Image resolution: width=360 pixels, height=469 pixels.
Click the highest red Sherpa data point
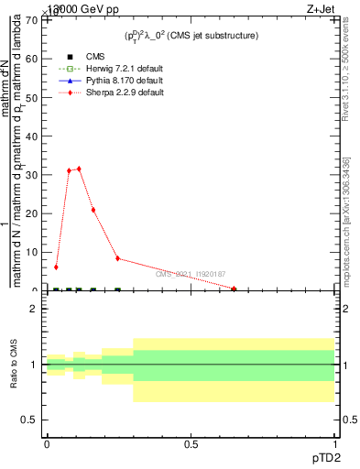pyautogui.click(x=80, y=169)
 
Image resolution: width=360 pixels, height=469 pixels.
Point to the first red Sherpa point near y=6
pyautogui.click(x=56, y=267)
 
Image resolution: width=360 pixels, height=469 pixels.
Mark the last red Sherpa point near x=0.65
pyautogui.click(x=235, y=289)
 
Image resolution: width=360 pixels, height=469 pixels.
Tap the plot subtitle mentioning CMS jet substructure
pyautogui.click(x=191, y=36)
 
